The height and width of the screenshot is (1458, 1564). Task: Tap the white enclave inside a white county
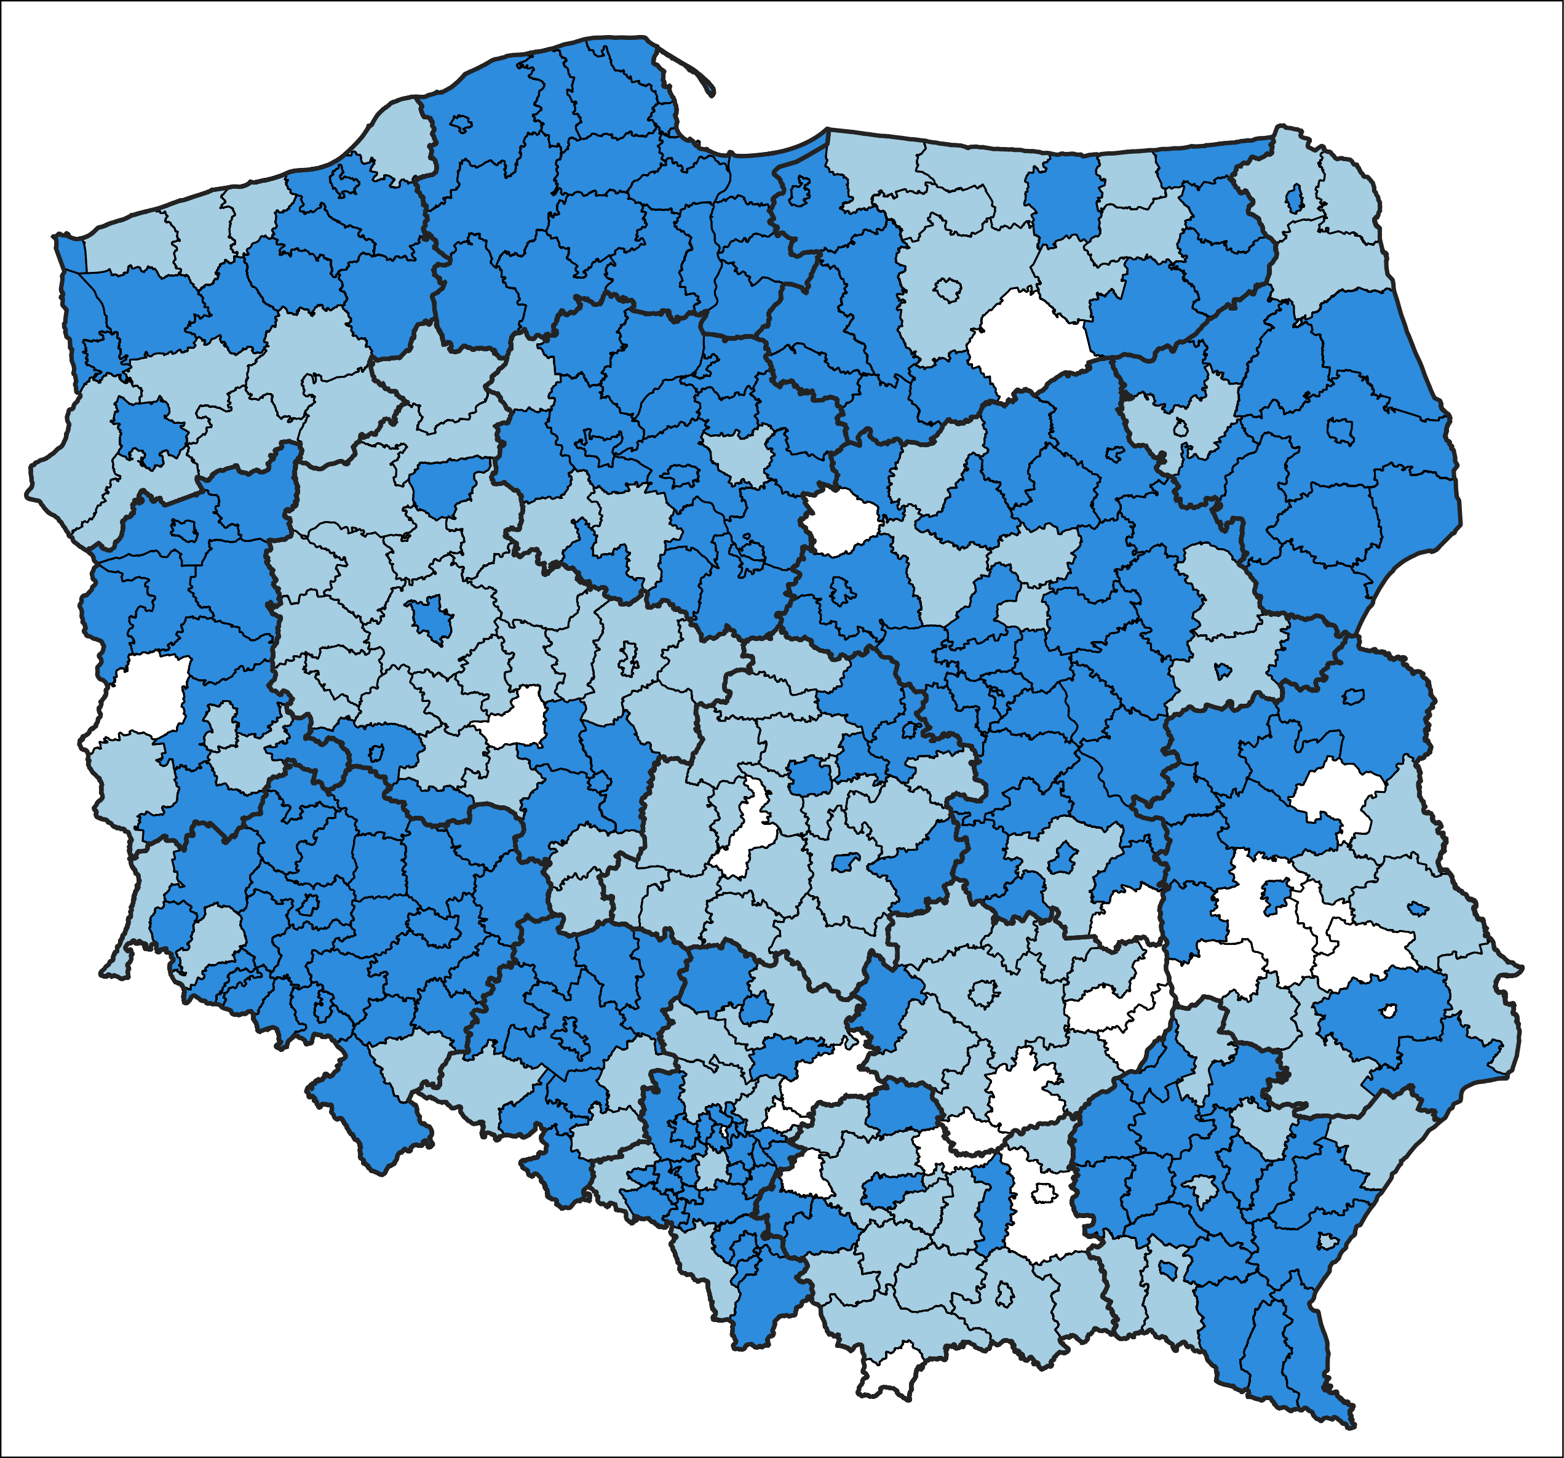coord(1044,1193)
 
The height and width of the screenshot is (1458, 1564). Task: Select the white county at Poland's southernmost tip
coord(891,1369)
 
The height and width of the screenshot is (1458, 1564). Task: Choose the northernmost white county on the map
coord(1026,338)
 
